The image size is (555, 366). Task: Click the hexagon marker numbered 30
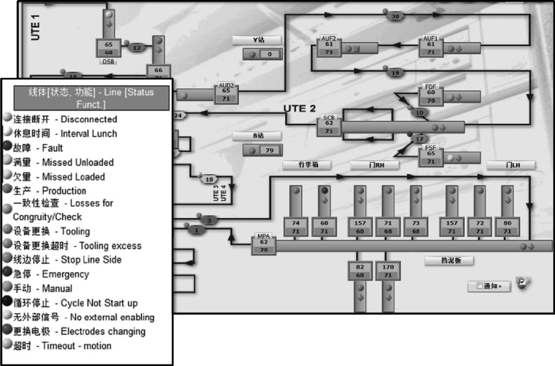395,16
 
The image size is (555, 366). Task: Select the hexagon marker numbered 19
395,73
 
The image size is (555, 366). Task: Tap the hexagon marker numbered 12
137,48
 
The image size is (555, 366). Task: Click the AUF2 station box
329,48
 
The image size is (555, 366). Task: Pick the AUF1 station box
431,48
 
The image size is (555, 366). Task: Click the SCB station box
329,126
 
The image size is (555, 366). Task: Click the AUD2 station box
226,94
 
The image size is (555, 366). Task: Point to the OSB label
108,62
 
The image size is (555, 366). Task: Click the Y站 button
257,40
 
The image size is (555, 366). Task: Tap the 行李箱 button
307,165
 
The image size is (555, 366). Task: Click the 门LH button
511,165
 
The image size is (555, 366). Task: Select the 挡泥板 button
449,261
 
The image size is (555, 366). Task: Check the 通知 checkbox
479,286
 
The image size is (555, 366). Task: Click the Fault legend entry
38,148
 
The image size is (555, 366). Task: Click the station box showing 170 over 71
388,271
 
